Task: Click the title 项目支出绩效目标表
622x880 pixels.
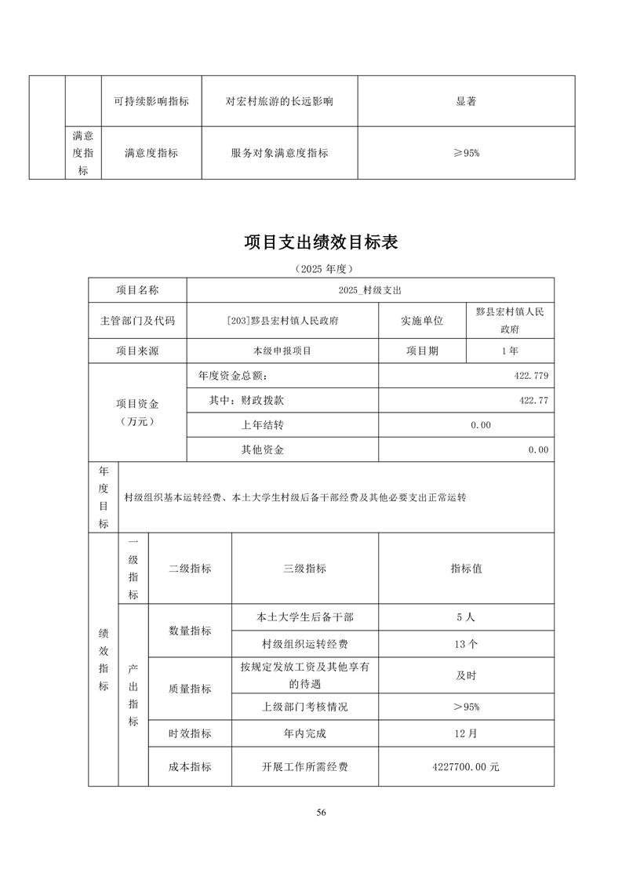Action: tap(321, 242)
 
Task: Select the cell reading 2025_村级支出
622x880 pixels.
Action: tap(370, 290)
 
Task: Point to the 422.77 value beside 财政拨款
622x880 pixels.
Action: tap(533, 400)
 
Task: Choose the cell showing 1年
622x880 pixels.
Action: tap(510, 351)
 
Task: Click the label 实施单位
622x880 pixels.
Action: tap(422, 321)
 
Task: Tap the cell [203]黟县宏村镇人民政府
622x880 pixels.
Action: tap(282, 321)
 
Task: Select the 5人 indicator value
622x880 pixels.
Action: tap(466, 617)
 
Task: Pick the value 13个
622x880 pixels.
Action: tap(466, 645)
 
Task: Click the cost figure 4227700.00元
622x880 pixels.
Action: tap(466, 767)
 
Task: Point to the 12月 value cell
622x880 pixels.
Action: tap(466, 734)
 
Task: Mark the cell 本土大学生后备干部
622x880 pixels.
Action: tap(305, 617)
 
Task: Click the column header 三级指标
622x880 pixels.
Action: tap(305, 569)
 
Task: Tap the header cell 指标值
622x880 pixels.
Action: tap(466, 569)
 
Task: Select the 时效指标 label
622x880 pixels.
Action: tap(190, 734)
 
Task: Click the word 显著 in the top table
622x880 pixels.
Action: tap(466, 101)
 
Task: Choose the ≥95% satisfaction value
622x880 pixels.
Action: tap(466, 153)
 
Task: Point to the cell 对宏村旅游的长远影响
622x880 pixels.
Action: tap(279, 101)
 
